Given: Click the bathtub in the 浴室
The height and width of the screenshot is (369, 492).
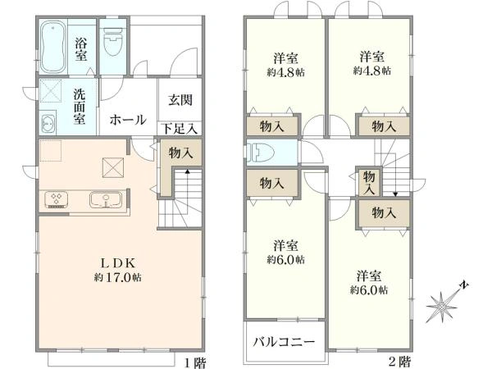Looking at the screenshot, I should (54, 48).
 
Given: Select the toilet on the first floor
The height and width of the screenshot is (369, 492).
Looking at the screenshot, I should (113, 43).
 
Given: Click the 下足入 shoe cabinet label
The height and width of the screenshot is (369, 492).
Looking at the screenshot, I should (179, 128).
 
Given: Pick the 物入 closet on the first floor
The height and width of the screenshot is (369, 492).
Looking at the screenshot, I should (182, 152).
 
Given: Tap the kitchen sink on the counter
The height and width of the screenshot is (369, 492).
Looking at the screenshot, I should (104, 199).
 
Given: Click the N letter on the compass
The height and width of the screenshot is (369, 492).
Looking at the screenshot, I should (464, 285).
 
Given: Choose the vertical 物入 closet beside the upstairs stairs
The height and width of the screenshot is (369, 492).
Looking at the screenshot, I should (368, 182).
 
